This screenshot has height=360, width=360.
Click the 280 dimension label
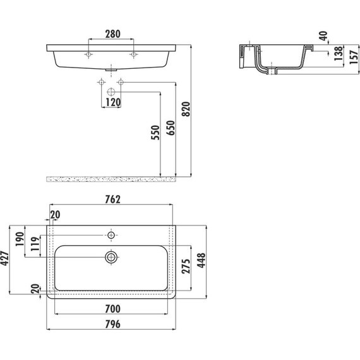(x=112, y=34)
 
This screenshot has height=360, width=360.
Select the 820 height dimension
(x=186, y=109)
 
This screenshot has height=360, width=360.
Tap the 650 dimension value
(x=171, y=128)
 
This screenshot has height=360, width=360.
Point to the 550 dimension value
(x=155, y=132)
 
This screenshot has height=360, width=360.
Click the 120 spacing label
(x=113, y=102)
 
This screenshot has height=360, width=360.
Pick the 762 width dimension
(x=112, y=200)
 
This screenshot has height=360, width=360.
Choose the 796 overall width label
(x=112, y=324)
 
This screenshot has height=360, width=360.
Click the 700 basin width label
(x=112, y=309)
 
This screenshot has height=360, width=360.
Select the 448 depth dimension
(x=201, y=260)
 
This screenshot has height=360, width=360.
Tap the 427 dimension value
(x=4, y=258)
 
